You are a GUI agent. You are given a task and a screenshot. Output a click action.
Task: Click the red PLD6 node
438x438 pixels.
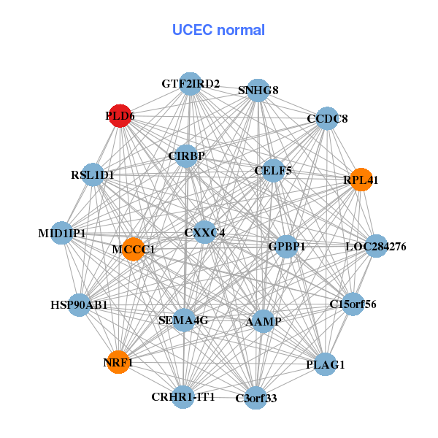click(x=119, y=115)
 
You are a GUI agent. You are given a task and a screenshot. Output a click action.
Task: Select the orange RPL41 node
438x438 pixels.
click(x=361, y=179)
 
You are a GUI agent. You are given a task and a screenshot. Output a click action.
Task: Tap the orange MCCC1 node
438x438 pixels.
click(x=134, y=249)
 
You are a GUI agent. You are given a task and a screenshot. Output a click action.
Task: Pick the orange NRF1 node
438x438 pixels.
click(x=118, y=361)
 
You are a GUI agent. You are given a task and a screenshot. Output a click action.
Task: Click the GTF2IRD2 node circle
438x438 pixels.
click(x=190, y=84)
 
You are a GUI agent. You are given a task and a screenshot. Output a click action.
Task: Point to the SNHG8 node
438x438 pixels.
click(x=258, y=90)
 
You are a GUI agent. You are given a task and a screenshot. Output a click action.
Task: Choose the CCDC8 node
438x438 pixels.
click(x=326, y=118)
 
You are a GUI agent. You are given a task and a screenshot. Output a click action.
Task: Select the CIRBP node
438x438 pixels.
click(x=186, y=155)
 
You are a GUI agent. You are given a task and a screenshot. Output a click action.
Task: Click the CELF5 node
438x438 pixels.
click(x=273, y=171)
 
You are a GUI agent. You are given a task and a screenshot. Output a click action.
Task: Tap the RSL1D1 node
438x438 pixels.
click(x=93, y=174)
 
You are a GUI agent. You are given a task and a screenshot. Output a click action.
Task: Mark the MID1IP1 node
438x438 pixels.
click(x=62, y=233)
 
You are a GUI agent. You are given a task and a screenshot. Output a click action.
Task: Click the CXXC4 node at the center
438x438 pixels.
click(x=204, y=233)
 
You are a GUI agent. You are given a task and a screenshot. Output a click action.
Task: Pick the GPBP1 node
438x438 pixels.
click(x=286, y=246)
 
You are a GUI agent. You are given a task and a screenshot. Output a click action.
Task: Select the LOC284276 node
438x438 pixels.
click(x=375, y=246)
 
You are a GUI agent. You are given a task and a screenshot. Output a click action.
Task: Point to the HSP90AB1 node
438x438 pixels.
click(x=79, y=304)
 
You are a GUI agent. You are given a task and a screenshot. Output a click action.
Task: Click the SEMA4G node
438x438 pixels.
click(x=184, y=320)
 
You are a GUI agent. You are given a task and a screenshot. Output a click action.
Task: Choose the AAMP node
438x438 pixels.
click(x=264, y=321)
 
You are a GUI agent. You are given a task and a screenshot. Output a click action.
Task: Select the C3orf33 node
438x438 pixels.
click(x=255, y=398)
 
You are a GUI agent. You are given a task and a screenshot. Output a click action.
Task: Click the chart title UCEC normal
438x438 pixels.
click(x=218, y=30)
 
